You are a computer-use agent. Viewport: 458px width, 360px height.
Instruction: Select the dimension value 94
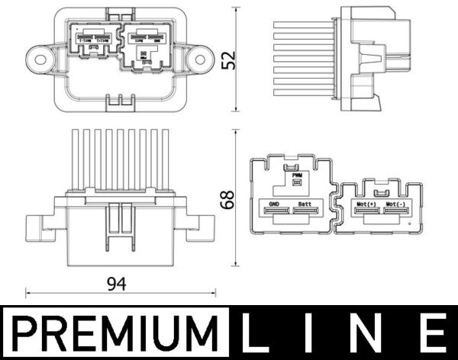coord(117,284)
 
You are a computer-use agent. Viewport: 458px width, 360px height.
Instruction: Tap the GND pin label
coord(273,205)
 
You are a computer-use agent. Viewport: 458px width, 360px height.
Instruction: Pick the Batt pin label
coord(305,205)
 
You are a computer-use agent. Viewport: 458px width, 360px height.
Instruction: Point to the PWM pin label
coord(298,175)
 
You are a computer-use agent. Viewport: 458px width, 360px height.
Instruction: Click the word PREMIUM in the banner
coord(114,333)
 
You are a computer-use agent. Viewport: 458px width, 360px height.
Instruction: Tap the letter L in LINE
coord(257,333)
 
